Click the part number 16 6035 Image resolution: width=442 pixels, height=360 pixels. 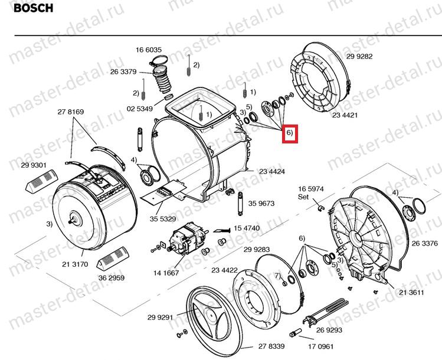pos(149,50)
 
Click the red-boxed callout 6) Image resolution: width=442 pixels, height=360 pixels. pos(290,133)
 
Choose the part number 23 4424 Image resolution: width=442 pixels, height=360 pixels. pos(273,172)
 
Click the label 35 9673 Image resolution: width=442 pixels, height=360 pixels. pos(261,203)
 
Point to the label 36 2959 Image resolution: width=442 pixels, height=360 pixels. pos(111,277)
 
